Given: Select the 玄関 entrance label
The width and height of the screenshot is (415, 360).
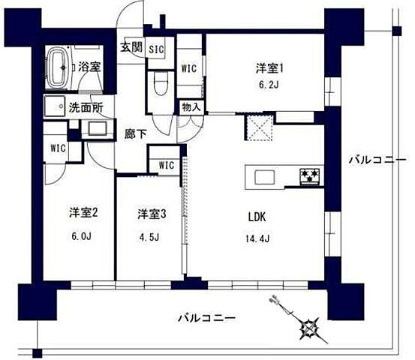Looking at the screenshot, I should [x=131, y=46].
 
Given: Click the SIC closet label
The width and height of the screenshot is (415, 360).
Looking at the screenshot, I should [x=156, y=49].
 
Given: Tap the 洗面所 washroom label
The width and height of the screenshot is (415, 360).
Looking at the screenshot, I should [x=86, y=106].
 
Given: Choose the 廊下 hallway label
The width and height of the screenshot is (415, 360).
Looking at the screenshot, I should [x=135, y=135].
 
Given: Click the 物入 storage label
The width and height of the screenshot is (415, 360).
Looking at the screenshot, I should [x=191, y=107].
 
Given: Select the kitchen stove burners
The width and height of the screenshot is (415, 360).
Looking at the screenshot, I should [x=311, y=177].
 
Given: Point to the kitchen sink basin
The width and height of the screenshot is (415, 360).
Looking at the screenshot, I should [x=265, y=177].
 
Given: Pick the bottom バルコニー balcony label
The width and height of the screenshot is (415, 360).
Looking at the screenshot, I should [x=206, y=318].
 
